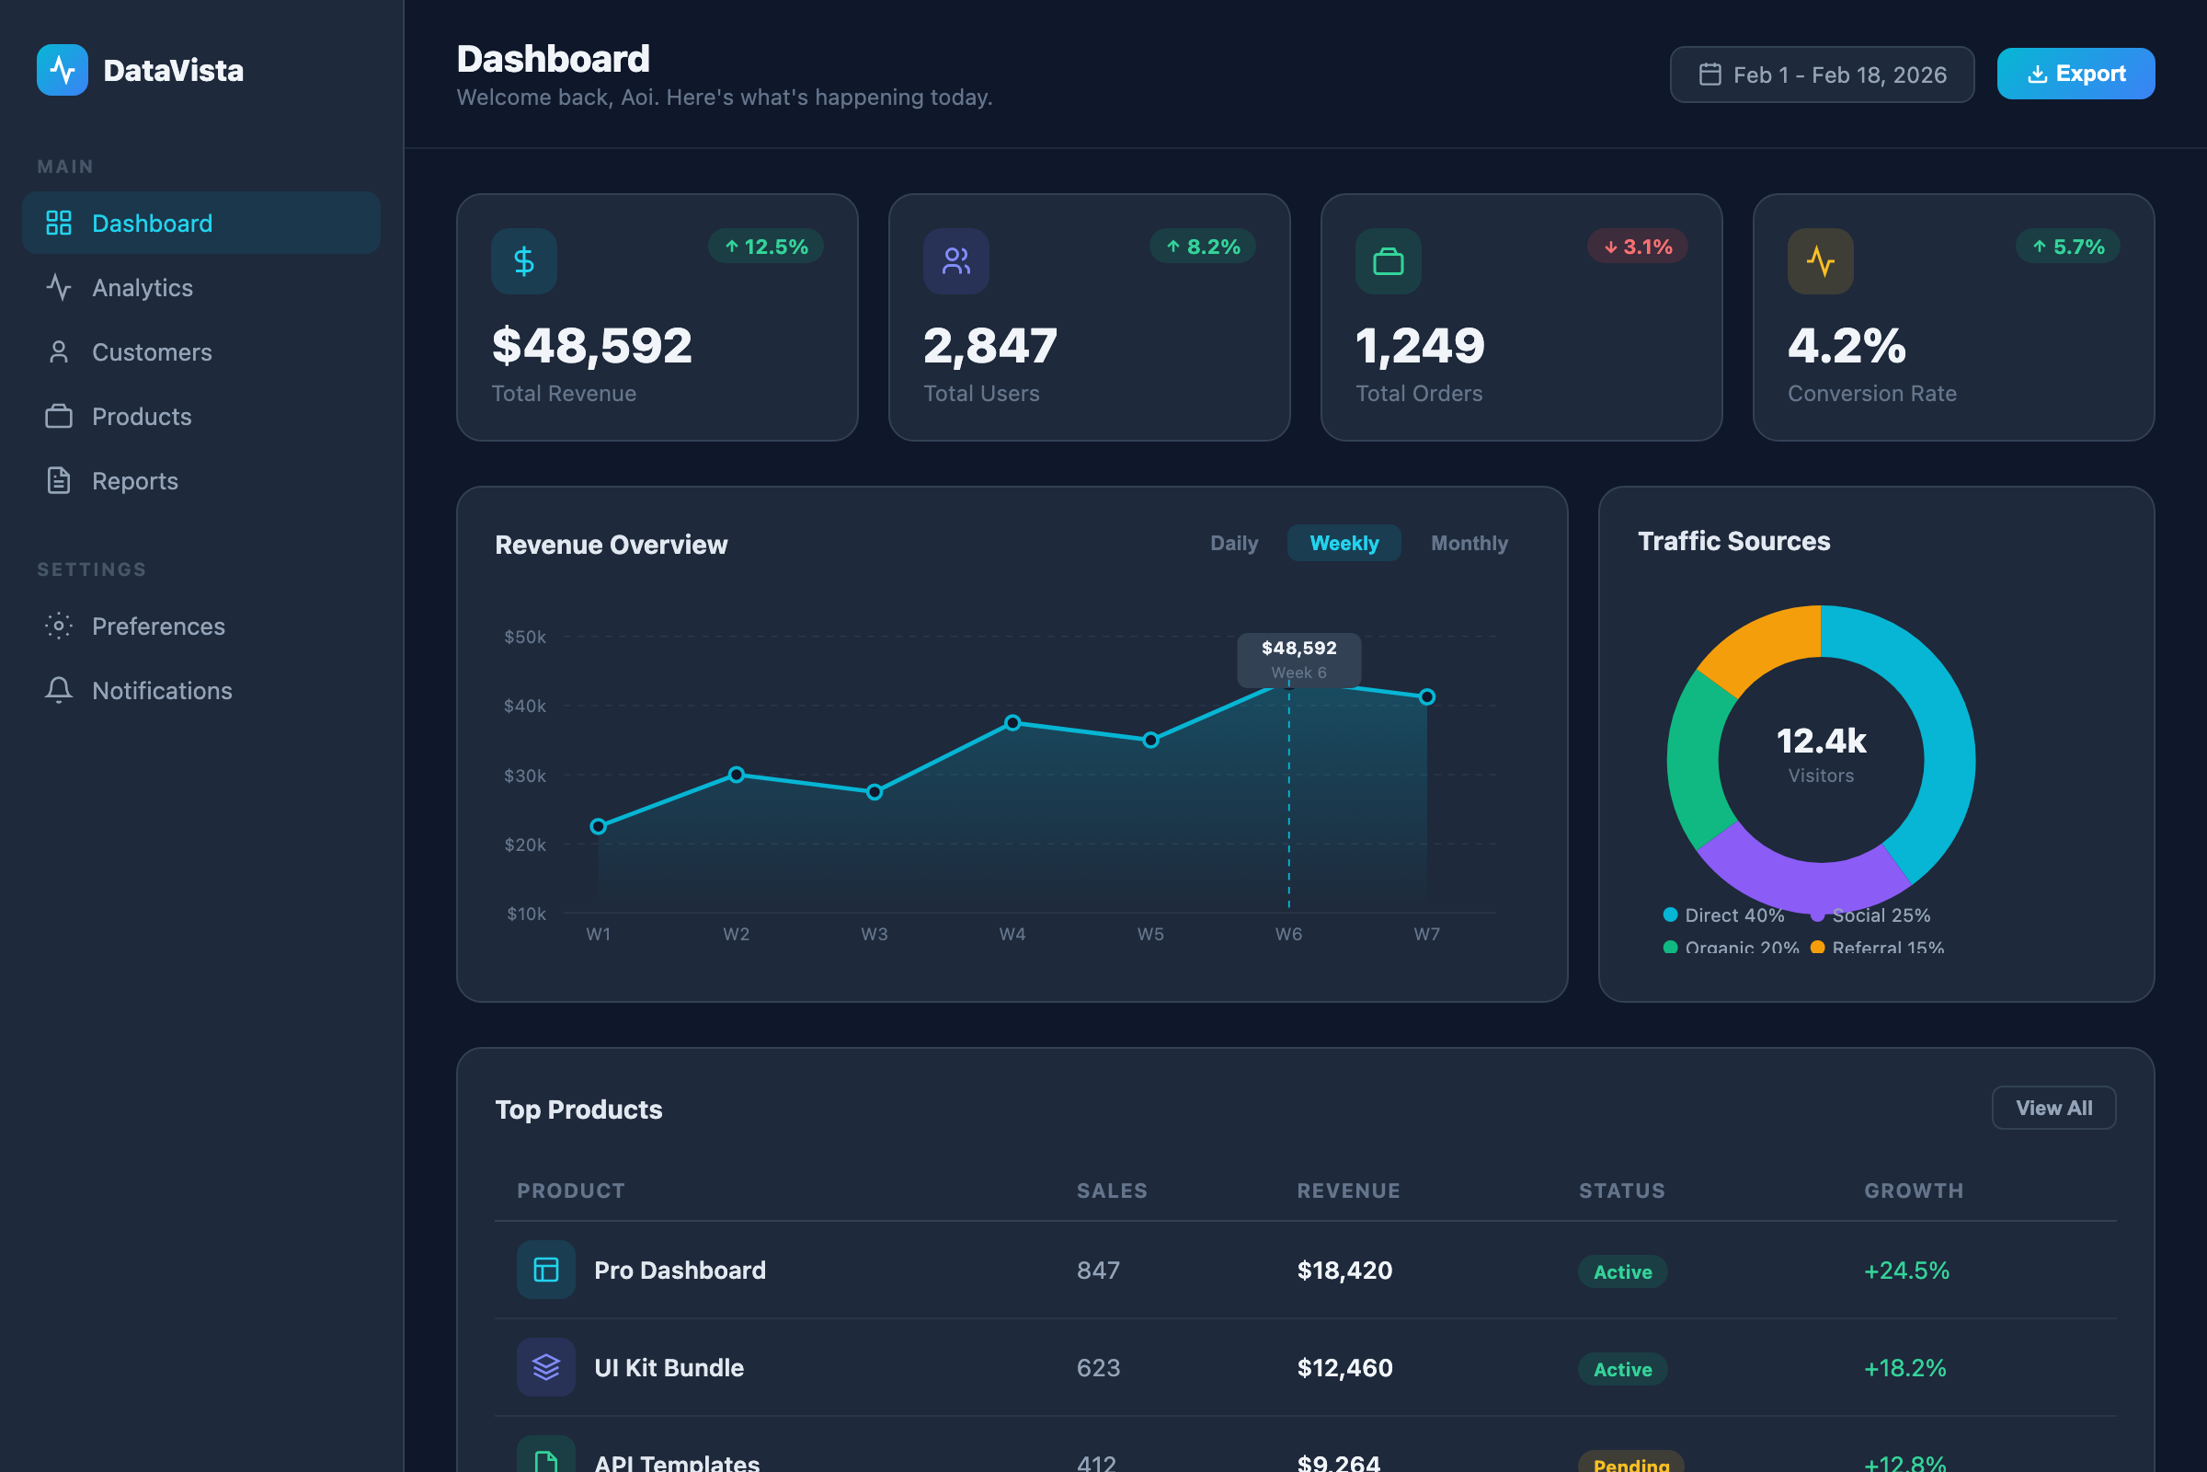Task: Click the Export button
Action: [2075, 74]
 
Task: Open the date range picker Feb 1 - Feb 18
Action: [1822, 75]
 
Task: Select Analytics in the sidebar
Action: [143, 288]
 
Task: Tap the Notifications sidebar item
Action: [162, 691]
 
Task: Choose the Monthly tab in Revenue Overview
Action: [1469, 544]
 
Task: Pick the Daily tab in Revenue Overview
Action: [1233, 544]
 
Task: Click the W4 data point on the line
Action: [1012, 723]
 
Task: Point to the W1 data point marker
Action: [599, 826]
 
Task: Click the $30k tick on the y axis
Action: [524, 776]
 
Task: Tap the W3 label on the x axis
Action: [874, 934]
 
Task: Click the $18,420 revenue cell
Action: [1344, 1271]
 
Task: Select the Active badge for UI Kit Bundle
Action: [1622, 1369]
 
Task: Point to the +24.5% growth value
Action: [1905, 1271]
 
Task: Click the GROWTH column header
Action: [1914, 1190]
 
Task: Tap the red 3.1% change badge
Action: [1638, 247]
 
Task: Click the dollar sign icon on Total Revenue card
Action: [523, 261]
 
